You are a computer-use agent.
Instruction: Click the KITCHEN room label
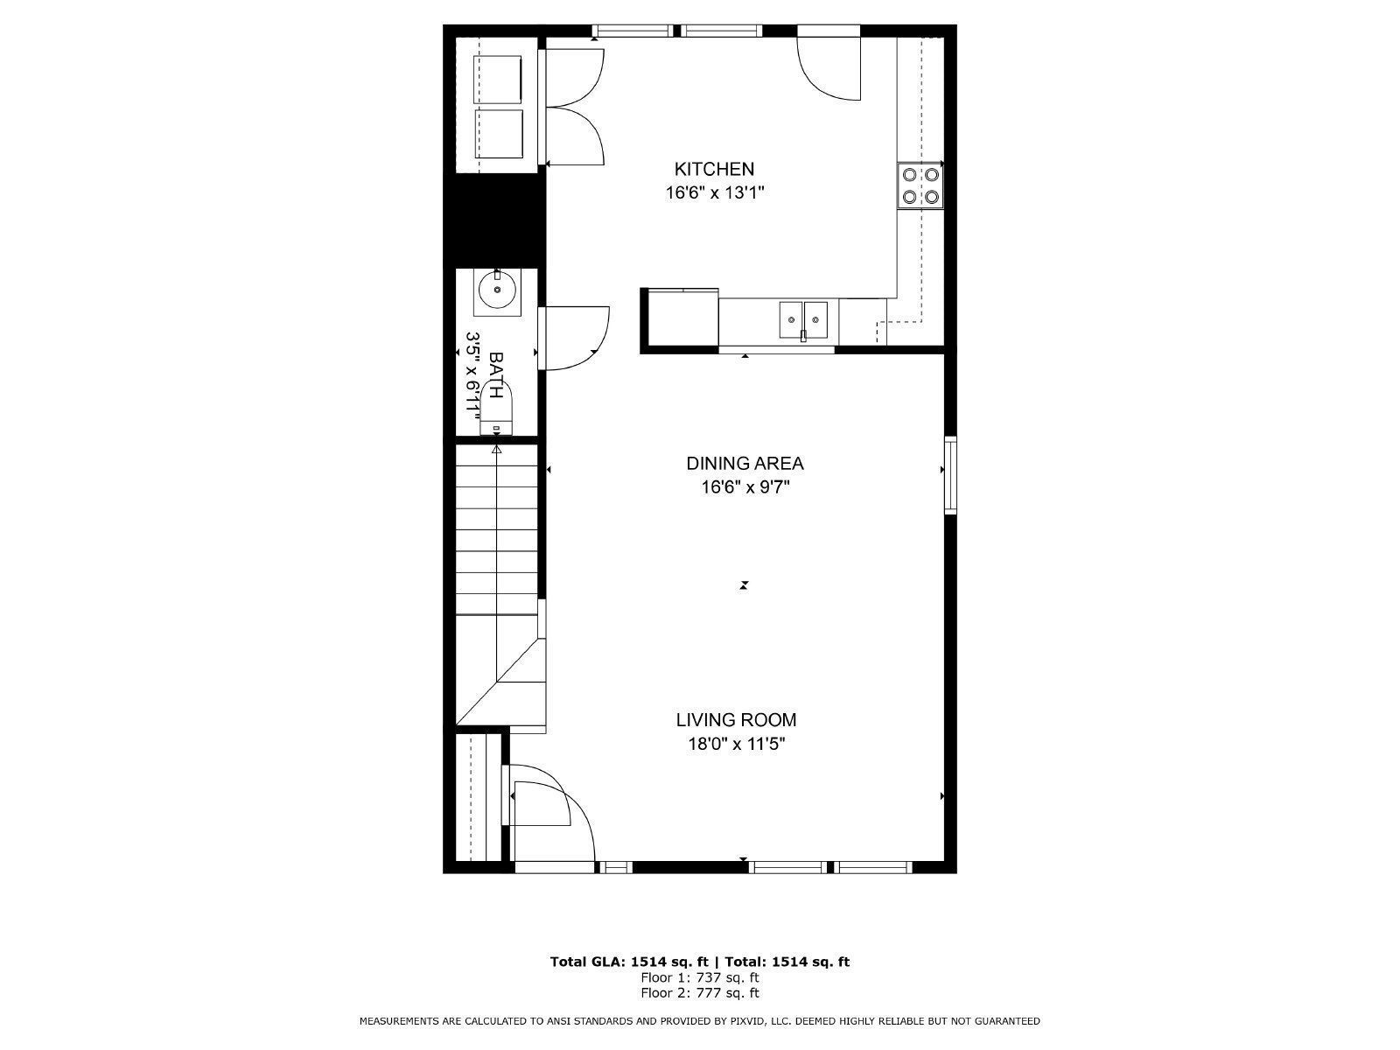[x=713, y=169]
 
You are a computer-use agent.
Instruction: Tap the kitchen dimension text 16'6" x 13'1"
[x=715, y=192]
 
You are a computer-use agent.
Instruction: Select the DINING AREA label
[x=745, y=464]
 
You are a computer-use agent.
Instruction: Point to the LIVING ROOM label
[x=736, y=720]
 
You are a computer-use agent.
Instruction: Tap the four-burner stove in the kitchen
[x=920, y=185]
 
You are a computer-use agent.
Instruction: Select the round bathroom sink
[x=496, y=291]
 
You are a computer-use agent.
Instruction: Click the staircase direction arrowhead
[x=496, y=450]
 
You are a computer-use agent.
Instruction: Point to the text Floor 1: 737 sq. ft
[x=699, y=977]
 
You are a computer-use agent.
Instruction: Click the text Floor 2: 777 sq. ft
[x=699, y=993]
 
